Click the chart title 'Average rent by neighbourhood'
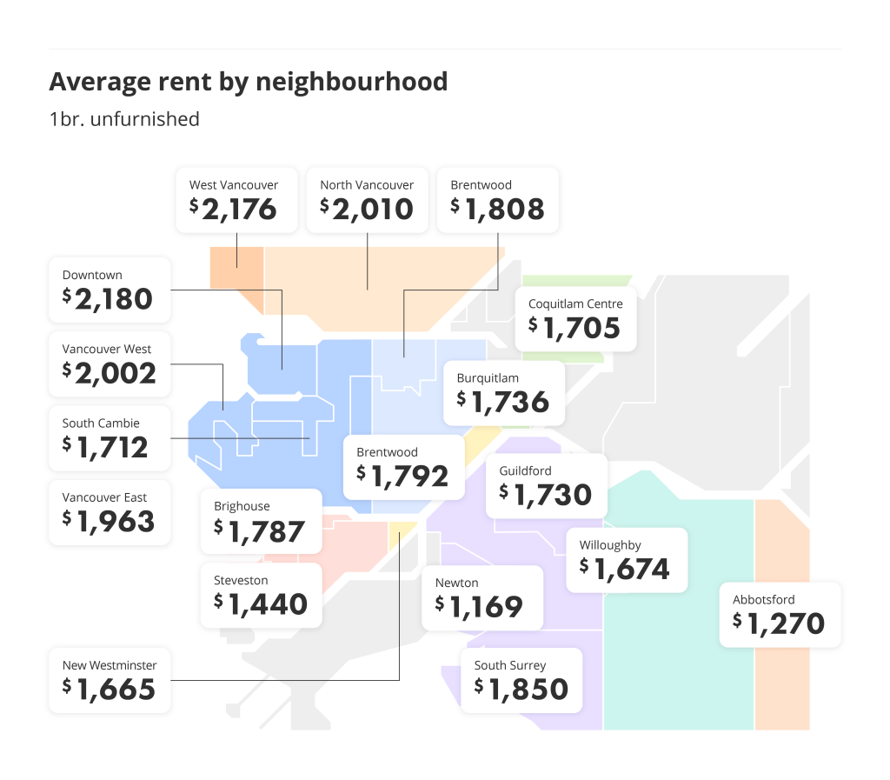(249, 82)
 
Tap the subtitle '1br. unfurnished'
(124, 119)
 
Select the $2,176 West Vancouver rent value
(233, 209)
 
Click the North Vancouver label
(367, 185)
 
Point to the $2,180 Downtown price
(108, 299)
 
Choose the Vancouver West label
(107, 349)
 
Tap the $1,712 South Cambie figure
(105, 447)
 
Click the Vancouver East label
(104, 497)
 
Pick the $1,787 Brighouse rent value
(260, 530)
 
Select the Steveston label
(241, 580)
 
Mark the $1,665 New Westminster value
(109, 690)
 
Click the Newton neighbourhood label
(457, 583)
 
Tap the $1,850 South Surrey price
(521, 689)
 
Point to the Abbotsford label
(764, 599)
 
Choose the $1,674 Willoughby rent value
(625, 569)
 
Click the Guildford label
(525, 470)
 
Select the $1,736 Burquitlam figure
(503, 402)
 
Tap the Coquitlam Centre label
(575, 304)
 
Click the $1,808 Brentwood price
(498, 209)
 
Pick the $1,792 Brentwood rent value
(402, 476)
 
